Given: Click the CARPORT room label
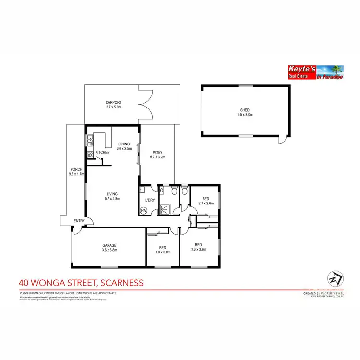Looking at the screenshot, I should point(113,102).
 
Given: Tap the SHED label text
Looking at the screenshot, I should point(245,109).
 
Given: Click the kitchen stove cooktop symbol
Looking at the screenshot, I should point(90,154).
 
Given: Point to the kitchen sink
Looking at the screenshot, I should point(90,141).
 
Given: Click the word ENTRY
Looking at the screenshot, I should point(79,221).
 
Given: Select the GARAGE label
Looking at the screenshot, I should point(109,245).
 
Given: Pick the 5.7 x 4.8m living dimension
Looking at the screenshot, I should point(112,199).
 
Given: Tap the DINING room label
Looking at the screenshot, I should point(124,144).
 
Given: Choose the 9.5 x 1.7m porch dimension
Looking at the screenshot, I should point(77,174).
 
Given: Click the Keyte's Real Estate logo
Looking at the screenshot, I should point(314,72).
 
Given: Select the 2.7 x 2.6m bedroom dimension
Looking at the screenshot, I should point(205,204).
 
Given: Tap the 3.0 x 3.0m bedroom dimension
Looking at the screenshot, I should point(162,252).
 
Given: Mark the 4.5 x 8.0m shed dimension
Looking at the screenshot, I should point(245,115).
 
